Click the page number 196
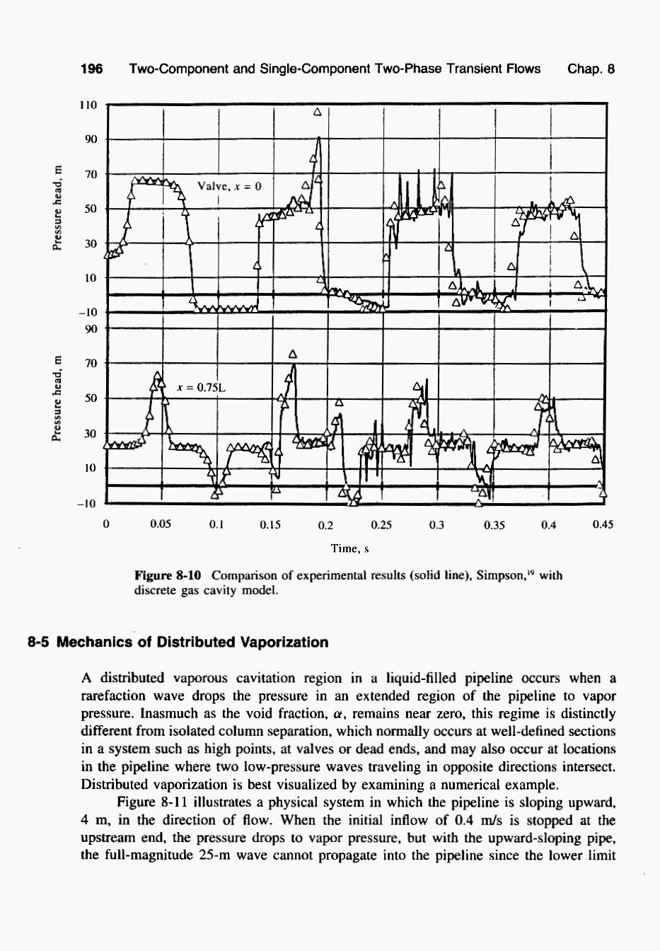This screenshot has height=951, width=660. [x=92, y=69]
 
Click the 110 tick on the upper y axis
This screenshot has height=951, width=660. [x=88, y=105]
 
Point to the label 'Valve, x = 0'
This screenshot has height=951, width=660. [x=230, y=186]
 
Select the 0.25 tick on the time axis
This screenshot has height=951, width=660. [x=381, y=525]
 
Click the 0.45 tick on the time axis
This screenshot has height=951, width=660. [x=603, y=525]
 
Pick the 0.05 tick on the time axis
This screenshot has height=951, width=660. [x=161, y=525]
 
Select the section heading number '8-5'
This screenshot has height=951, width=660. [x=40, y=642]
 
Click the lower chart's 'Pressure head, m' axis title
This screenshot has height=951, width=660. [x=57, y=398]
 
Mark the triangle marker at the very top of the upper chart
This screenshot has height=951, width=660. [x=317, y=112]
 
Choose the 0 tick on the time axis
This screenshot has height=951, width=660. [x=105, y=525]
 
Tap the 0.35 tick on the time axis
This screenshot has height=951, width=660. [x=493, y=525]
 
